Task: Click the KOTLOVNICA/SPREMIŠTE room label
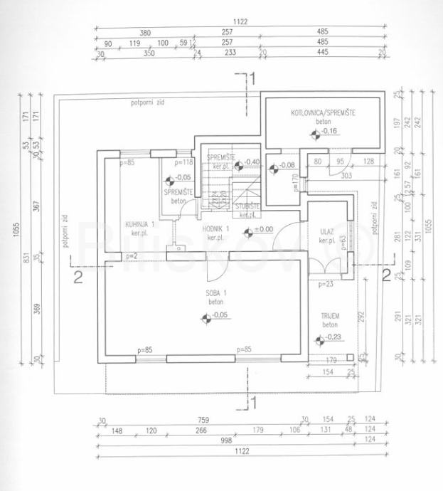click(x=323, y=113)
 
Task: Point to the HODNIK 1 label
click(x=215, y=229)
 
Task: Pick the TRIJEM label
click(x=330, y=315)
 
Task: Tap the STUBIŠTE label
click(x=247, y=206)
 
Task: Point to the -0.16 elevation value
click(x=328, y=131)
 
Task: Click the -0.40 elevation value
click(x=252, y=162)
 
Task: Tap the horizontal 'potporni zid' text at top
click(x=146, y=103)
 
